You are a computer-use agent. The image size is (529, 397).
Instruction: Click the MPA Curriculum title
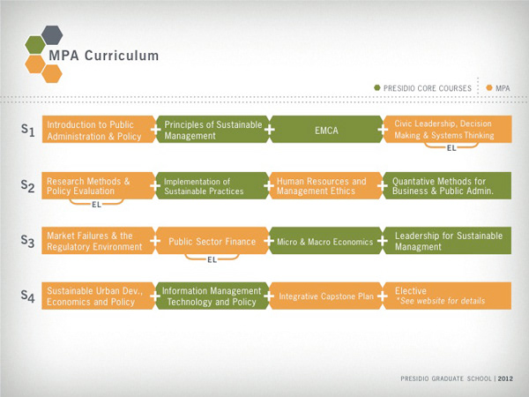[x=115, y=56]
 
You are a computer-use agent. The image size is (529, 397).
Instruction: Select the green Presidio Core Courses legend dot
[x=376, y=88]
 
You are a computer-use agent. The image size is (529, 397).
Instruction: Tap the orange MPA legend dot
[x=488, y=88]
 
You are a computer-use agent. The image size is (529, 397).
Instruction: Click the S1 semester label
[x=27, y=131]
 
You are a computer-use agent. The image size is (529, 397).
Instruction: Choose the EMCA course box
[x=327, y=131]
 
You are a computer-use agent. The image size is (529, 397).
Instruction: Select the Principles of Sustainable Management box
[x=212, y=131]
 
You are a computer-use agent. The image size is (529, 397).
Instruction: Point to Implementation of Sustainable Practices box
[x=212, y=186]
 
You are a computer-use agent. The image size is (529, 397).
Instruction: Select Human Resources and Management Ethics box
[x=327, y=186]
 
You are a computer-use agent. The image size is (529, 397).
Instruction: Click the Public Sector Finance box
[x=212, y=242]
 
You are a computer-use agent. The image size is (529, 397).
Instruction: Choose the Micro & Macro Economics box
[x=327, y=242]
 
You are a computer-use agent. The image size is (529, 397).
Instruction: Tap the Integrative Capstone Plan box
[x=327, y=296]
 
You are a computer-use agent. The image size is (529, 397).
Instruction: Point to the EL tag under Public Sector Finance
[x=212, y=260]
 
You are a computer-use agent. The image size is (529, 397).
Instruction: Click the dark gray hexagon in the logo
[x=51, y=34]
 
